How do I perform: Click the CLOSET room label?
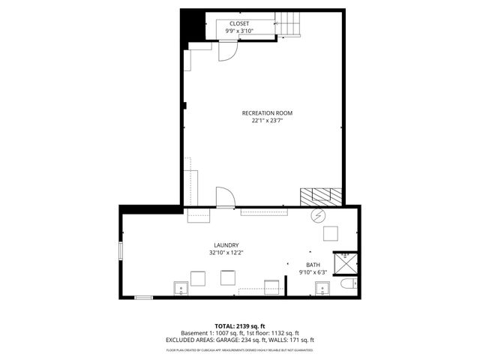(x=239, y=23)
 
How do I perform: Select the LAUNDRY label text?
(x=226, y=245)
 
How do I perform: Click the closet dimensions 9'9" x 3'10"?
(x=239, y=31)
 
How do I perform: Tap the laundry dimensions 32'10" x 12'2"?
(x=226, y=253)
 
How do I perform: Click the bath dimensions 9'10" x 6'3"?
(x=312, y=272)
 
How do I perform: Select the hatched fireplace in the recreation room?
(x=321, y=196)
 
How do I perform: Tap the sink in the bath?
(x=321, y=287)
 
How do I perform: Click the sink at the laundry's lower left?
(x=180, y=288)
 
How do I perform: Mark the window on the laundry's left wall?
(x=120, y=250)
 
